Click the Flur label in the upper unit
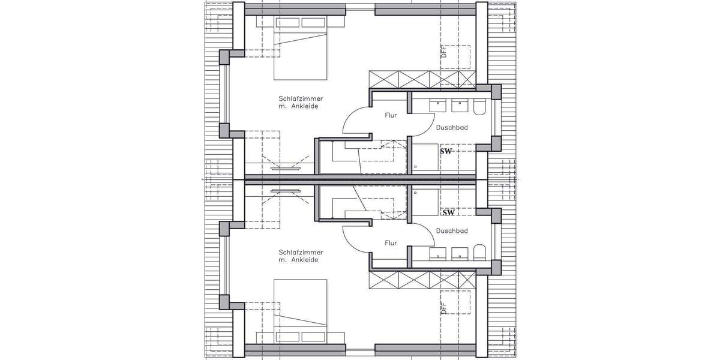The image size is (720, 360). pyautogui.click(x=390, y=116)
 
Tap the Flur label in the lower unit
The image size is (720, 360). pyautogui.click(x=390, y=243)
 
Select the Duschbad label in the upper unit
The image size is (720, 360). pyautogui.click(x=452, y=128)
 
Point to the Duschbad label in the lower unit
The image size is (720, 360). pyautogui.click(x=452, y=231)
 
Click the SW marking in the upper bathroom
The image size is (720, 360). pyautogui.click(x=446, y=152)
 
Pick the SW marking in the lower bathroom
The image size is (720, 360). pyautogui.click(x=448, y=212)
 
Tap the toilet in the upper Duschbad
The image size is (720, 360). pyautogui.click(x=479, y=107)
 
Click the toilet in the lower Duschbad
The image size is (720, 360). pyautogui.click(x=479, y=252)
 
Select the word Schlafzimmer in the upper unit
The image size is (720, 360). pyautogui.click(x=298, y=98)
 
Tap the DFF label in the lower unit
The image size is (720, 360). pyautogui.click(x=444, y=308)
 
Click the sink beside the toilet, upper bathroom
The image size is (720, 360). pyautogui.click(x=460, y=106)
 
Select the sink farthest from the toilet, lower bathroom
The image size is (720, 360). pyautogui.click(x=438, y=253)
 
